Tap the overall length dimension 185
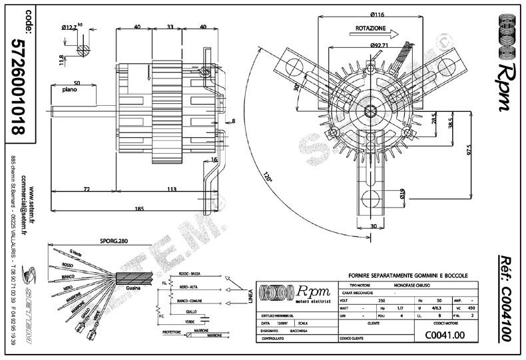pyautogui.click(x=138, y=210)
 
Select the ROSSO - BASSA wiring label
pyautogui.click(x=190, y=273)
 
